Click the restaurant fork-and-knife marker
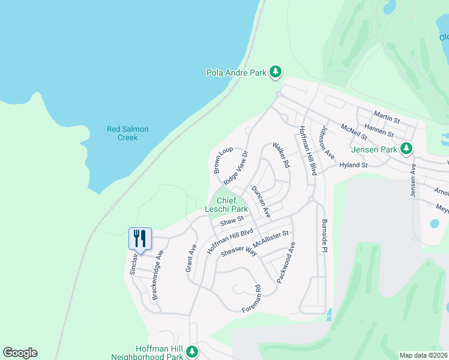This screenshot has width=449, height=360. pyautogui.click(x=140, y=238)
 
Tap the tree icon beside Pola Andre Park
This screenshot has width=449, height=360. pyautogui.click(x=276, y=73)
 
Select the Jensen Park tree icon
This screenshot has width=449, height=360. pyautogui.click(x=406, y=148)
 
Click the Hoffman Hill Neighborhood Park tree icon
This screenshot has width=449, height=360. pyautogui.click(x=192, y=351)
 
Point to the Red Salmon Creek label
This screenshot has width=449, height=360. pyautogui.click(x=127, y=133)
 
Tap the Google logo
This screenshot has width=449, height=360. pyautogui.click(x=20, y=353)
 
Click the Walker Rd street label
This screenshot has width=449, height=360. pyautogui.click(x=281, y=155)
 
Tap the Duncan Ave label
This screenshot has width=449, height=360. pyautogui.click(x=261, y=202)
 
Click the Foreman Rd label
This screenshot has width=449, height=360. pyautogui.click(x=252, y=298)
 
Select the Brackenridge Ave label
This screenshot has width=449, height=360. pyautogui.click(x=158, y=275)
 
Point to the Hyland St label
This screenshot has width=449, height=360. pyautogui.click(x=353, y=164)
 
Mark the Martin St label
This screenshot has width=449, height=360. pyautogui.click(x=387, y=114)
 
